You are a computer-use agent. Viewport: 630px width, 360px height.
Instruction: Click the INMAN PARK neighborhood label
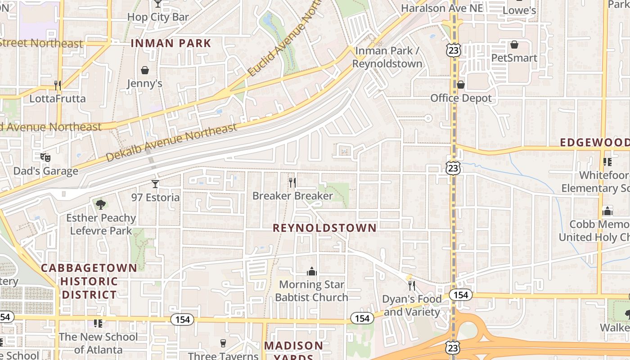point(171,43)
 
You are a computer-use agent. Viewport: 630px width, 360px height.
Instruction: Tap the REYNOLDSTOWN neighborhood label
point(324,228)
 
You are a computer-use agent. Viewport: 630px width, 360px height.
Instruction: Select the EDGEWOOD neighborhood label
point(594,143)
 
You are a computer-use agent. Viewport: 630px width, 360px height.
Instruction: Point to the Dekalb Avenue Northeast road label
point(171,142)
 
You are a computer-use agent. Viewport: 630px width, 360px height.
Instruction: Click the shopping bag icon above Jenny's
point(145,70)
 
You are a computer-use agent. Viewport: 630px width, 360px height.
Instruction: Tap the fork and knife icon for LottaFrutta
point(58,85)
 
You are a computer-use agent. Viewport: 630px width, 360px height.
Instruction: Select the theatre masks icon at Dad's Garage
point(45,157)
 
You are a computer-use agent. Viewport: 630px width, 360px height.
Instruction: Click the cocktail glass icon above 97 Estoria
point(155,184)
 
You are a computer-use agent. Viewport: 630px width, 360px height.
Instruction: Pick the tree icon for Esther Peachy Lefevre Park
point(101,205)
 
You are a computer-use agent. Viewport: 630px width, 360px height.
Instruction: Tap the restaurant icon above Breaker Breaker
point(292,182)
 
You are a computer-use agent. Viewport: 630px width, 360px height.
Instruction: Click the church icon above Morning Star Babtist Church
point(311,271)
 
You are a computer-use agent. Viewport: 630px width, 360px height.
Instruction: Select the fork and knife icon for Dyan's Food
point(411,285)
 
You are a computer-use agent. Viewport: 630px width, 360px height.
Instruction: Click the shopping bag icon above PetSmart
point(514,45)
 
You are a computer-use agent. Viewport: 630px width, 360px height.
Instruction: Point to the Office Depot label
point(461,98)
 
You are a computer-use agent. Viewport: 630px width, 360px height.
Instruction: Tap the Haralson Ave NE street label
point(441,8)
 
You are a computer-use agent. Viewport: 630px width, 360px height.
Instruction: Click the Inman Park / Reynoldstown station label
point(387,57)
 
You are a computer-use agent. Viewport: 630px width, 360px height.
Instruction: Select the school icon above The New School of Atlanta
point(98,323)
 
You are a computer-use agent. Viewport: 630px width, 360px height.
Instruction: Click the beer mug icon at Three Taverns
point(223,343)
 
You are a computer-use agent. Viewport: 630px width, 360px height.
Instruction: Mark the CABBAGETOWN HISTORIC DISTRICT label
point(89,281)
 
